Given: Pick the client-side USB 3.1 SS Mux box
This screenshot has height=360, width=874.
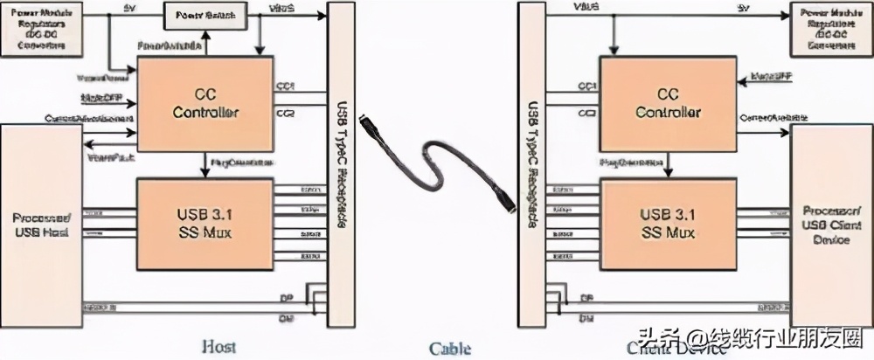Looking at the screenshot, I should point(668,222).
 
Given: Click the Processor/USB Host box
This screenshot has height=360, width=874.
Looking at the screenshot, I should point(41,223).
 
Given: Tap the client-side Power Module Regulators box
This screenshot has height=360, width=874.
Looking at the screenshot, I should point(831,28).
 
